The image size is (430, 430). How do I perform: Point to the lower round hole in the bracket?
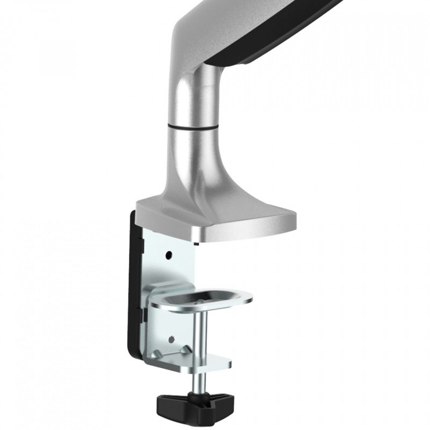tap(171, 339)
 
